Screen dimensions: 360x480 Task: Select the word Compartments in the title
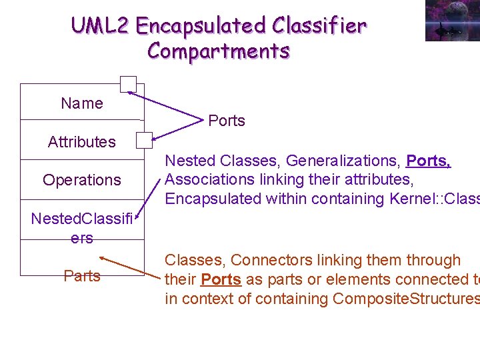219,51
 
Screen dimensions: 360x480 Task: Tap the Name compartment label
82,103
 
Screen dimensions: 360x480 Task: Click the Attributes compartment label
82,141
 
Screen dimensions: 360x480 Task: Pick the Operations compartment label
82,180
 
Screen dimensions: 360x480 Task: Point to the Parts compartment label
82,275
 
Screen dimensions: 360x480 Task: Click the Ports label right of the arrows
227,121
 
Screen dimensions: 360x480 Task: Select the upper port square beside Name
128,85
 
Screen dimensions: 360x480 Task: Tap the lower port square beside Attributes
144,140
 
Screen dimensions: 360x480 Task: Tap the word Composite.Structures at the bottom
406,299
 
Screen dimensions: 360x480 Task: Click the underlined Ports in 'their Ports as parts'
221,279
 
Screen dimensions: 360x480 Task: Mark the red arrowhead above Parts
103,257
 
